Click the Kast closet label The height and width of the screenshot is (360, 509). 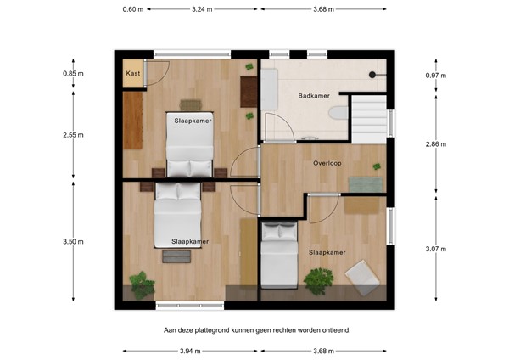pos(133,74)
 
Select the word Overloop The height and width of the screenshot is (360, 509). pos(327,163)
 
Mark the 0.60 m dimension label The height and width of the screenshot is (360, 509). pos(131,9)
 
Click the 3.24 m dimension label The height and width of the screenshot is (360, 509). pos(202,9)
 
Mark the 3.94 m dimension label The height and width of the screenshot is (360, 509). pos(189,350)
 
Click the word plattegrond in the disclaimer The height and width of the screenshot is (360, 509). pos(234,329)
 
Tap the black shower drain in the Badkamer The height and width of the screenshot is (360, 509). pos(372,74)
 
